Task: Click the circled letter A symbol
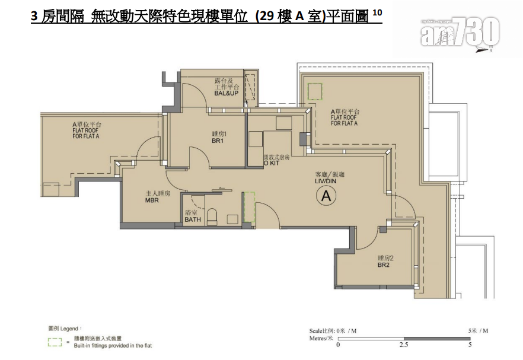coord(326,196)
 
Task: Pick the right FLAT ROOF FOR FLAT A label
coord(345,117)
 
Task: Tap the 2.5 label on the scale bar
coord(404,345)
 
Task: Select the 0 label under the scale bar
coord(339,345)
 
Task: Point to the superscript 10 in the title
coord(378,13)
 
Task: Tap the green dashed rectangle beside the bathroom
coord(248,206)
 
